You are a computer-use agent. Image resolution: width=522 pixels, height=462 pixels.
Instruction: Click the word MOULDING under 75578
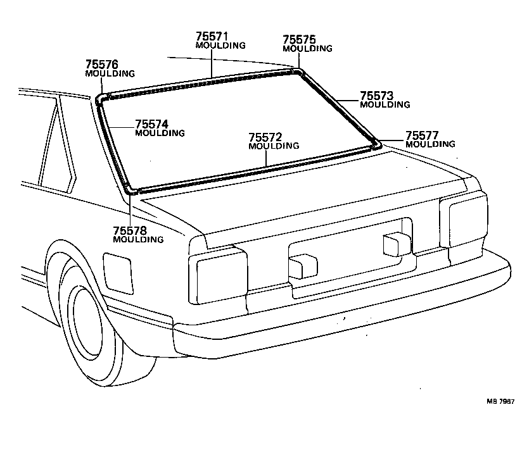137,240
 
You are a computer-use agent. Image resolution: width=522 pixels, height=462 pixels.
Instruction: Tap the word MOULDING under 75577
430,144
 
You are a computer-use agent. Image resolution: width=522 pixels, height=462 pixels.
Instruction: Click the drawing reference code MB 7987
501,401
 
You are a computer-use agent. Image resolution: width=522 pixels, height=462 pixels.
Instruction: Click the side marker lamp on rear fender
118,272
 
